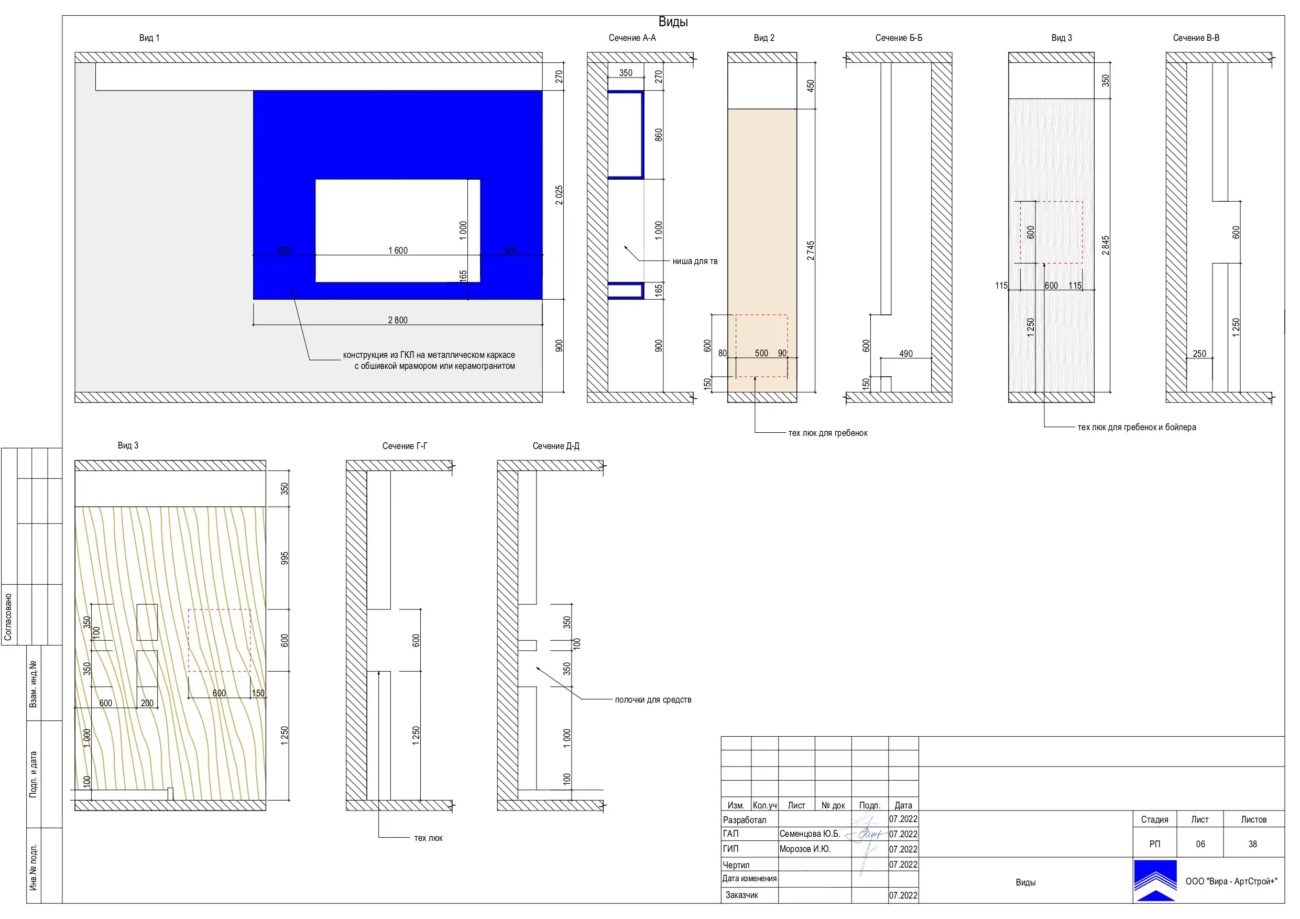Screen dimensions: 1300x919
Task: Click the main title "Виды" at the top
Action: (673, 22)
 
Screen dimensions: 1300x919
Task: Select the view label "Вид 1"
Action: (149, 38)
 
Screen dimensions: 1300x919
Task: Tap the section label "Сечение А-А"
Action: (632, 38)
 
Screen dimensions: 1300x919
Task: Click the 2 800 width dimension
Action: (398, 321)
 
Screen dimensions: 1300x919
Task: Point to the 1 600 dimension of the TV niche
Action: (398, 251)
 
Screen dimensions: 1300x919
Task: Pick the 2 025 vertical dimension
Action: (559, 195)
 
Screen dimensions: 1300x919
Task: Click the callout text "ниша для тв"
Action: (695, 261)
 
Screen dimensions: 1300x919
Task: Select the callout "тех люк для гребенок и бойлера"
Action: (1137, 428)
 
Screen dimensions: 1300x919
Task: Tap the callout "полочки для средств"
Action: (653, 700)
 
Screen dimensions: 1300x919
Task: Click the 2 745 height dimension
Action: (810, 251)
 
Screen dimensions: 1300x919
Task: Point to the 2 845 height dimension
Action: (1105, 246)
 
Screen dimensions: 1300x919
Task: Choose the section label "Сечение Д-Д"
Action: (556, 446)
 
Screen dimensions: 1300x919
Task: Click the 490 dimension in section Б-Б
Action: (906, 354)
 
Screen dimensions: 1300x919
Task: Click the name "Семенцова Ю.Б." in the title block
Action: (810, 834)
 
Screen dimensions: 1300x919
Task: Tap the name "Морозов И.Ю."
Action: (805, 849)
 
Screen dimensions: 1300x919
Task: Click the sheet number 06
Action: (1200, 844)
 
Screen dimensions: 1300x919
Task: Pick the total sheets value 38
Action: (1252, 844)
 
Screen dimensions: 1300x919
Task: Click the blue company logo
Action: (1155, 881)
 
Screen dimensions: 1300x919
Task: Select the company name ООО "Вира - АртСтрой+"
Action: (1231, 882)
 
